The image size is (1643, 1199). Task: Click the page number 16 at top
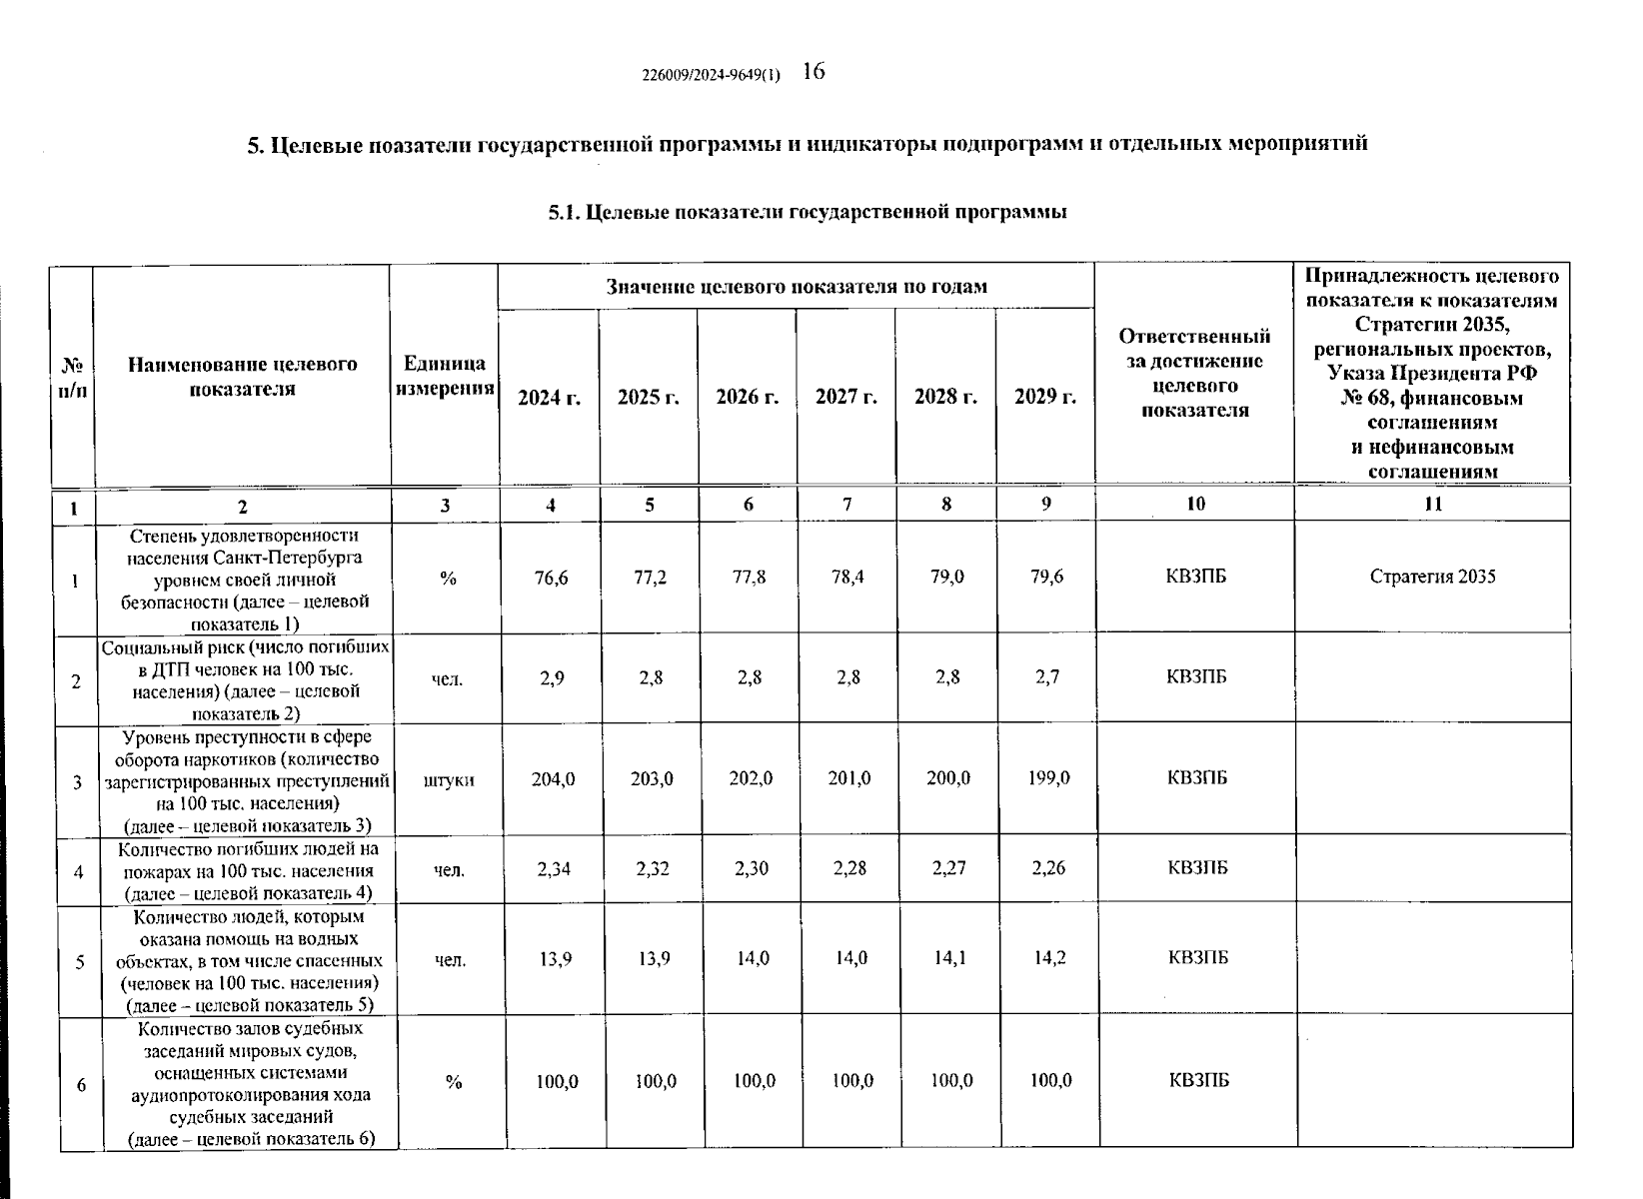tap(813, 71)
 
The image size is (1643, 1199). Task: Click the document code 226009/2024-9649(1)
tap(712, 75)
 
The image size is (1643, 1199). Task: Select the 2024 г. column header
tap(549, 397)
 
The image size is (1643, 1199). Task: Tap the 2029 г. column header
tap(1044, 397)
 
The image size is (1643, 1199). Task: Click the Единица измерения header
tap(445, 376)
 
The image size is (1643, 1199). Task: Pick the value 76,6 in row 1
tap(552, 578)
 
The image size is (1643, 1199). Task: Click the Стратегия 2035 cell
tap(1432, 577)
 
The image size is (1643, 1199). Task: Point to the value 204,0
tap(553, 778)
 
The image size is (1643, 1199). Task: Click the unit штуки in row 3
tap(449, 779)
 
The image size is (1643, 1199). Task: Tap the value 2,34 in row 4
tap(554, 868)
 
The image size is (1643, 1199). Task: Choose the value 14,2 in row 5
tap(1049, 958)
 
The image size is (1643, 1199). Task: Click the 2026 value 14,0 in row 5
tap(752, 958)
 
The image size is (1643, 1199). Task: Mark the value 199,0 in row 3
tap(1048, 777)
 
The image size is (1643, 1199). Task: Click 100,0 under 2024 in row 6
tap(557, 1081)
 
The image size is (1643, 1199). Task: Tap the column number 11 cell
tap(1432, 505)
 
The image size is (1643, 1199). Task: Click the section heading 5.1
tap(808, 212)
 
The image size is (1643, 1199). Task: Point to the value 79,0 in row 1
tap(946, 578)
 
